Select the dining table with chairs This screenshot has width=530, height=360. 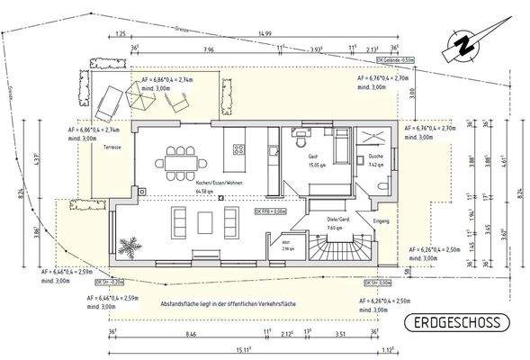(x=182, y=161)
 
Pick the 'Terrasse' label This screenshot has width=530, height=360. (x=112, y=147)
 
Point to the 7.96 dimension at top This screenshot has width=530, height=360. (x=209, y=49)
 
